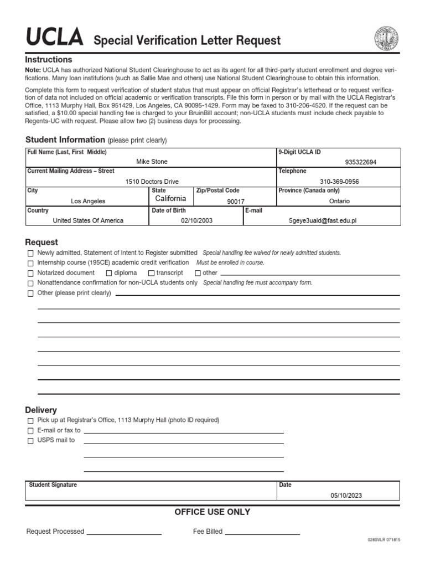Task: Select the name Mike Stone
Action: tap(152, 162)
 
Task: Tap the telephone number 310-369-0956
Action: tap(339, 182)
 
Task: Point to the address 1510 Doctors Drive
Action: tap(152, 182)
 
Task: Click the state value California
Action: tap(170, 198)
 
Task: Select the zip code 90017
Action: tap(236, 202)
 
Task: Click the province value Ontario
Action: tap(339, 202)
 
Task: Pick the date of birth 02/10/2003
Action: tap(196, 220)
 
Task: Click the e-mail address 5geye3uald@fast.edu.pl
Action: tap(323, 220)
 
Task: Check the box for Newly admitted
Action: tap(30, 253)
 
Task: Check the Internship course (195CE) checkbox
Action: tap(30, 263)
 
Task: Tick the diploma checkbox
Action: tap(109, 273)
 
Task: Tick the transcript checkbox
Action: tap(151, 273)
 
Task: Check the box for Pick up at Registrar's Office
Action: tap(30, 421)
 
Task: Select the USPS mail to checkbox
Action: tap(30, 441)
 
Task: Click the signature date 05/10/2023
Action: tap(346, 496)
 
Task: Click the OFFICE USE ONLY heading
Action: tap(212, 512)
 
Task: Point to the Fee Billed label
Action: tap(208, 532)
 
